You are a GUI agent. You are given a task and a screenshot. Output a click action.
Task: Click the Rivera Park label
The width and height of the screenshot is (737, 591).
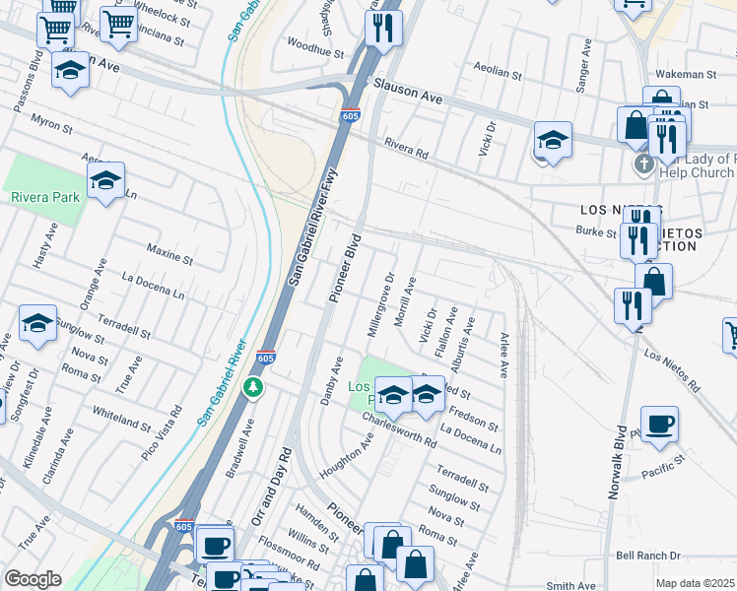44,196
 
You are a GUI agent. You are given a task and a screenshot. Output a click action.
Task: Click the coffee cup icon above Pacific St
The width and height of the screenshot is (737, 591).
659,423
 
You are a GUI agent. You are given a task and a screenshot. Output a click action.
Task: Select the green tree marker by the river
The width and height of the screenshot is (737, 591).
255,386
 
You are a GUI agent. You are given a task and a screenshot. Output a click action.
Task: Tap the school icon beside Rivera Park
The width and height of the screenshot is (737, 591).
105,181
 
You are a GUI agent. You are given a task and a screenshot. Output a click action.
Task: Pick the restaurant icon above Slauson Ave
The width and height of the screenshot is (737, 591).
383,29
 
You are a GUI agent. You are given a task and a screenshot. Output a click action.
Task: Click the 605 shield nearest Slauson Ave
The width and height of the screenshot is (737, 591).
352,114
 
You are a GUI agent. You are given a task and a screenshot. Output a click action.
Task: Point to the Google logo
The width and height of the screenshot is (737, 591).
33,579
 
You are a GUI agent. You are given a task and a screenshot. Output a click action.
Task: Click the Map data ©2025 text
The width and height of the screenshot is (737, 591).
696,583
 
